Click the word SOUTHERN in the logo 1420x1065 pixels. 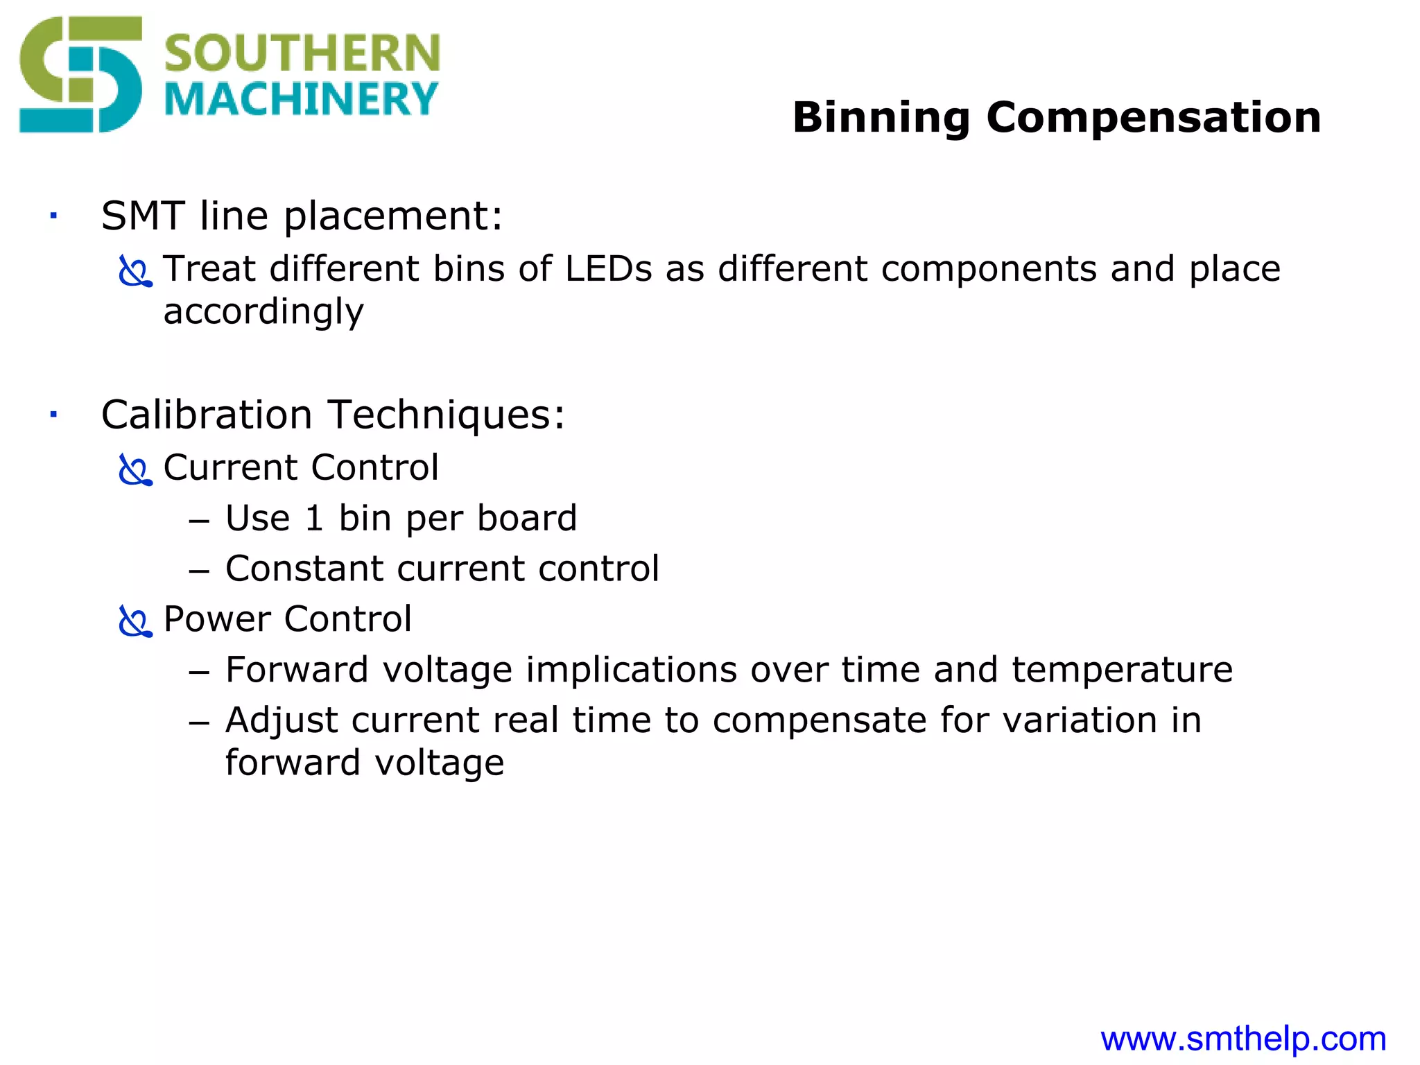tap(302, 53)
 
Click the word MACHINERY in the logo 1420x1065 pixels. tap(302, 99)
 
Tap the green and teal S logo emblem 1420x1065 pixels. tap(80, 75)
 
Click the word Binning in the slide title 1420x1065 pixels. tap(881, 118)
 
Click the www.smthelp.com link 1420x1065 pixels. tap(1243, 1039)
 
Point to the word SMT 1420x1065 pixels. tap(144, 216)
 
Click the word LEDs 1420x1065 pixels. tap(608, 269)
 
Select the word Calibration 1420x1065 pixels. tap(207, 415)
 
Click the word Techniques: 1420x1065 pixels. tap(447, 415)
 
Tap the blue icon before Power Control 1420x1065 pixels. tap(135, 621)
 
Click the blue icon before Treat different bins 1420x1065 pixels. tap(135, 271)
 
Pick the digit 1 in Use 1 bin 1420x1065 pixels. tap(314, 519)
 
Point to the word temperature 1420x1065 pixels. tap(1122, 670)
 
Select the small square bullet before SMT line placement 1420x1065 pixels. tap(53, 216)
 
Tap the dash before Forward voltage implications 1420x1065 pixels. tap(199, 672)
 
